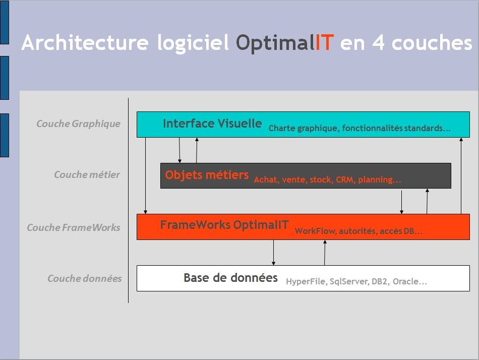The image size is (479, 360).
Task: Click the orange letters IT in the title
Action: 324,42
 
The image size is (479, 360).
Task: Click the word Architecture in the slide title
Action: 85,42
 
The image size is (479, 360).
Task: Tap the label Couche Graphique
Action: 78,124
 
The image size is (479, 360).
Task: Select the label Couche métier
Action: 87,174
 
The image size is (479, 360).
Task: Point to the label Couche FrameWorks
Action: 73,227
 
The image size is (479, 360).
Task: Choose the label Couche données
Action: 85,278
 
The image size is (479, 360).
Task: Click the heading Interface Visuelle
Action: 212,124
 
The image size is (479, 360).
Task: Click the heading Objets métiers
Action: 207,175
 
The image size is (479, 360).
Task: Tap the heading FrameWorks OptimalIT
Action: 224,225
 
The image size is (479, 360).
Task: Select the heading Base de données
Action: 230,277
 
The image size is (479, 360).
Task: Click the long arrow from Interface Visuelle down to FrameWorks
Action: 145,176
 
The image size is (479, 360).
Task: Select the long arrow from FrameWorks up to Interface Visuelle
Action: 461,176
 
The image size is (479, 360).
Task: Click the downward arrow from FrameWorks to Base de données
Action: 273,253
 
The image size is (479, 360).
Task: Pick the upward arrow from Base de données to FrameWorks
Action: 325,253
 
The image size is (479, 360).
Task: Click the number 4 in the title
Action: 378,42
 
